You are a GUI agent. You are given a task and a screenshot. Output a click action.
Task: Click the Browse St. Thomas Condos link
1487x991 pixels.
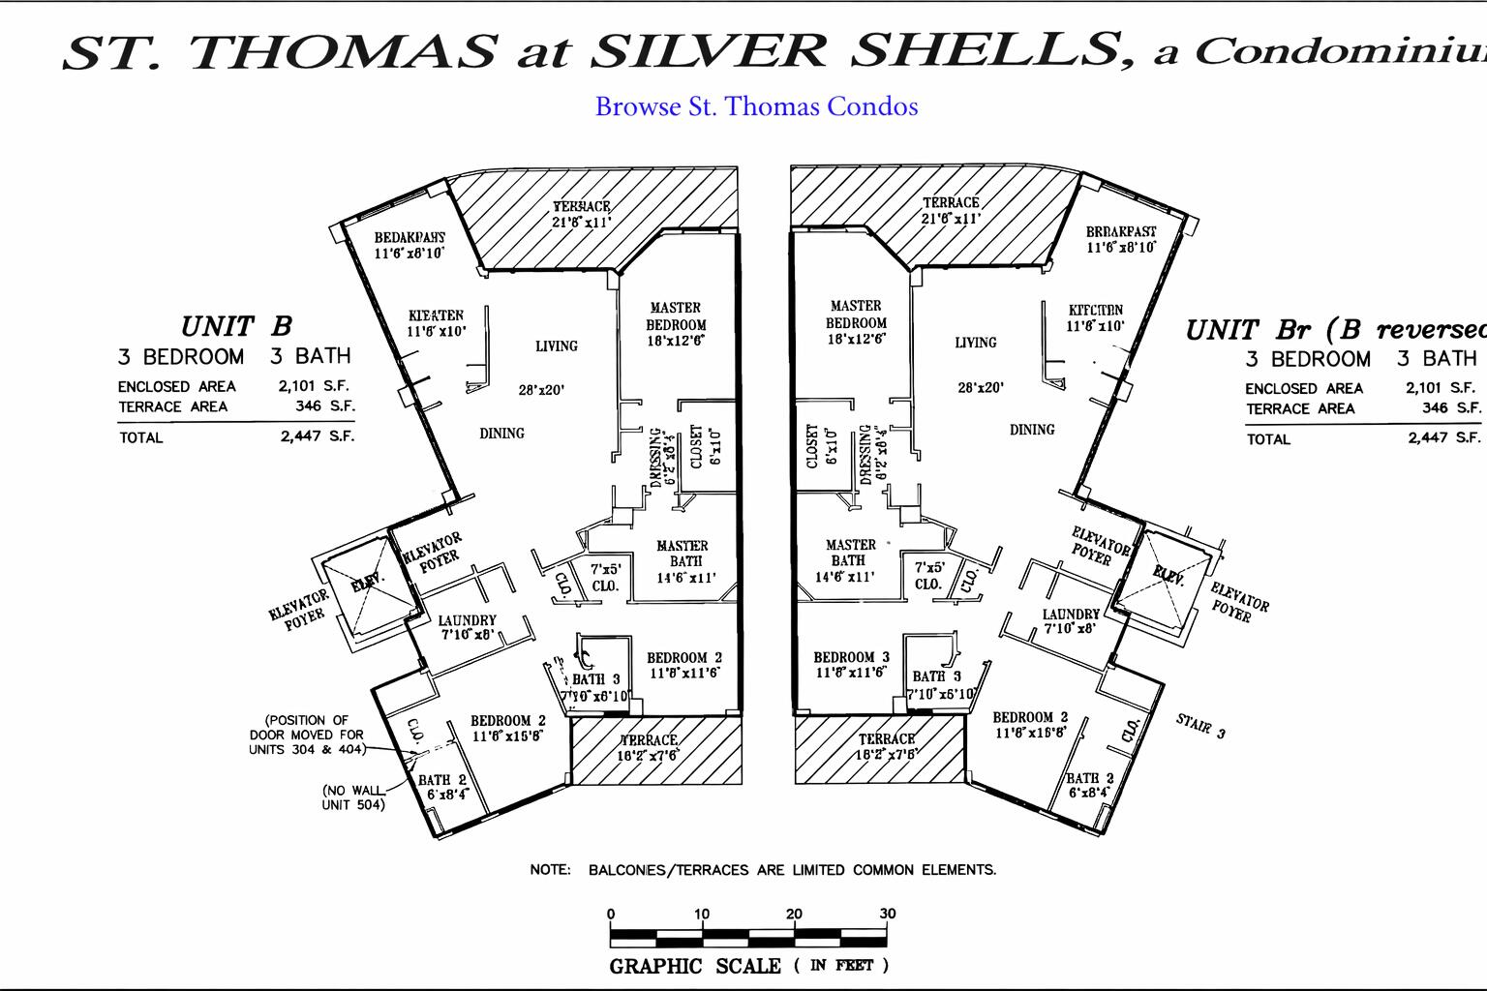pos(756,106)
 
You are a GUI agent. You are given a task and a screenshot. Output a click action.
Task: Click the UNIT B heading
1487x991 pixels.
pos(236,326)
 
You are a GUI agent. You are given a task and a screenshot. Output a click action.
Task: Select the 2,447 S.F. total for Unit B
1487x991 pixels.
pos(318,436)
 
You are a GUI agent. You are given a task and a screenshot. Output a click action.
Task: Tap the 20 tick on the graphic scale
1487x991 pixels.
pos(794,915)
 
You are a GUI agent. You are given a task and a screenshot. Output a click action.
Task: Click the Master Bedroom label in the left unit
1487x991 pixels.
pos(676,323)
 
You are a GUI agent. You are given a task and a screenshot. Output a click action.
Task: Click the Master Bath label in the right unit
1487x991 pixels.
pos(849,559)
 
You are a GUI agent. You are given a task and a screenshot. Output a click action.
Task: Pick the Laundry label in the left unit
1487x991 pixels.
pos(468,626)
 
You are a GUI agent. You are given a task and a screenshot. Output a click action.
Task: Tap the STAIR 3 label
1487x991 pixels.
pos(1200,725)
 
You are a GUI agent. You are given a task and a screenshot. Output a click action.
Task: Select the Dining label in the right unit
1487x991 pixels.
pos(1032,430)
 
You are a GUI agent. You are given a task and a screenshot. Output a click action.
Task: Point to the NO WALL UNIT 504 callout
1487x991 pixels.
pos(353,797)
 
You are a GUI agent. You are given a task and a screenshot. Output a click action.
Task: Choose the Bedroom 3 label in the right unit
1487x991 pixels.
pos(851,664)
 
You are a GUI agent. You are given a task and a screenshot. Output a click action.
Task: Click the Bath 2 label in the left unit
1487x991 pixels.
pos(442,787)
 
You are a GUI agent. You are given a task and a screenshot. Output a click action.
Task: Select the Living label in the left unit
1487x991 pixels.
pos(556,345)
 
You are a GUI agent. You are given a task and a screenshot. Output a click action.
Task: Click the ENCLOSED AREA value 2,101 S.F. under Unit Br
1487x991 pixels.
pos(1441,388)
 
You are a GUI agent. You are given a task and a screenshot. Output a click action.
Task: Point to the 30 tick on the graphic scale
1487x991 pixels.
pos(887,915)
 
